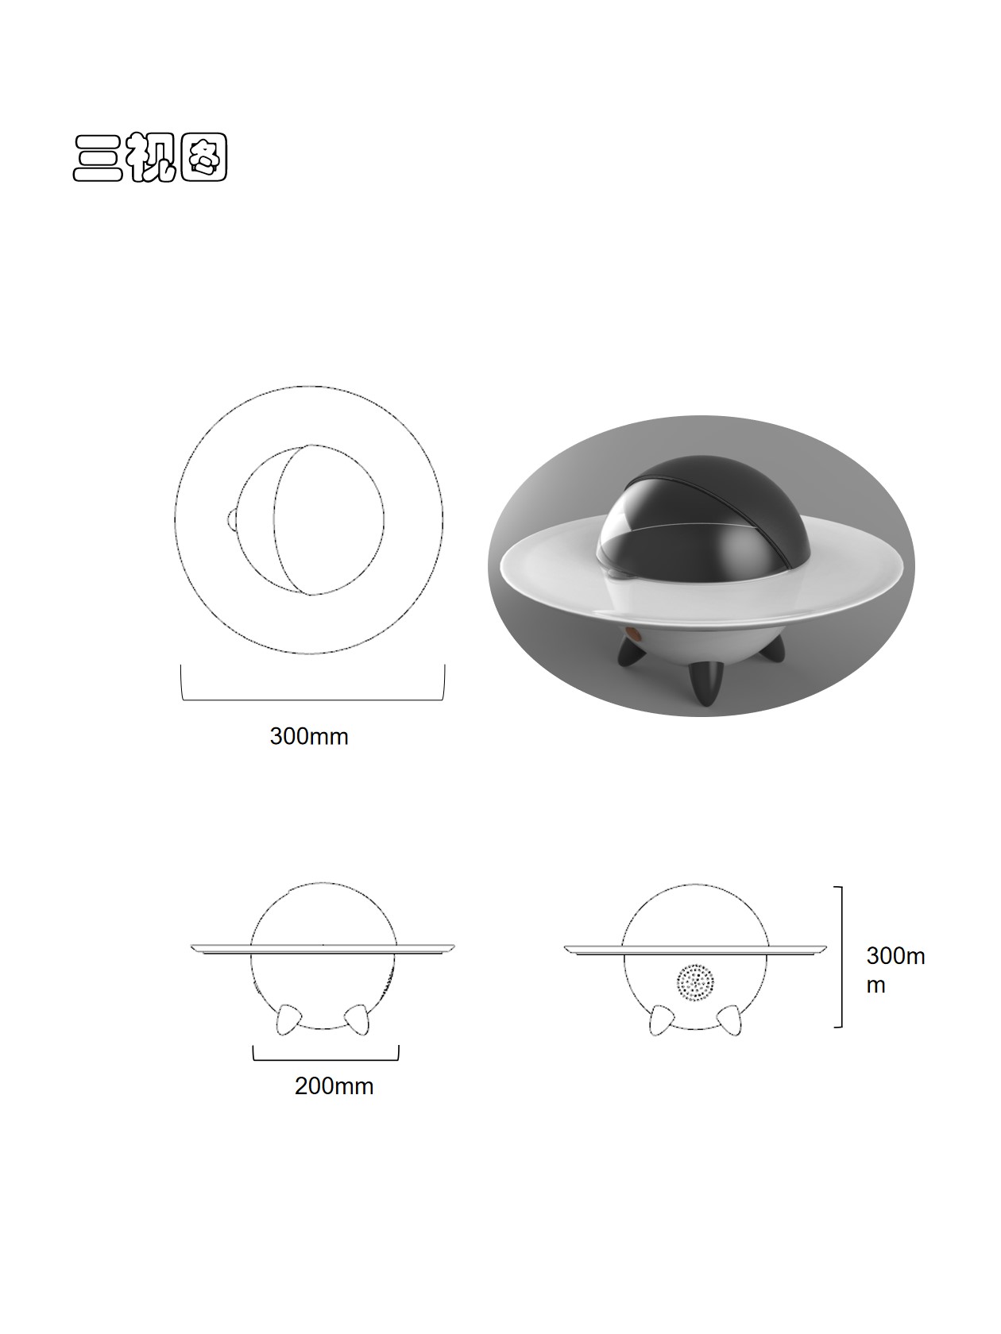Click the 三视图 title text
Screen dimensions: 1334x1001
pos(150,157)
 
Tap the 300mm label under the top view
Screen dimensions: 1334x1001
pos(308,736)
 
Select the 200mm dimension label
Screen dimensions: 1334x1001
pos(334,1085)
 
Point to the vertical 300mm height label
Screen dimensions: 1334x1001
pos(895,970)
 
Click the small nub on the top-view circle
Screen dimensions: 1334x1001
pos(230,520)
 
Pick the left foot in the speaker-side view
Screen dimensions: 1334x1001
pos(660,1020)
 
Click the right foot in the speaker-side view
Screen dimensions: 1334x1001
pos(729,1020)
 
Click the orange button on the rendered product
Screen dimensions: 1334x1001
pos(633,634)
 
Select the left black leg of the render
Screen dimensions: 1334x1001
pos(632,653)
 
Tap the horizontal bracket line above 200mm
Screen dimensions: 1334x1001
pos(326,1059)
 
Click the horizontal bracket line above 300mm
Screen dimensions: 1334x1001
pos(312,700)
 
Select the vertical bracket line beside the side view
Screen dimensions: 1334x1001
pos(841,956)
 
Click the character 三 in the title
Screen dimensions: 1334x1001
pos(98,157)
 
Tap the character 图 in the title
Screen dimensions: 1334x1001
pos(203,157)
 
